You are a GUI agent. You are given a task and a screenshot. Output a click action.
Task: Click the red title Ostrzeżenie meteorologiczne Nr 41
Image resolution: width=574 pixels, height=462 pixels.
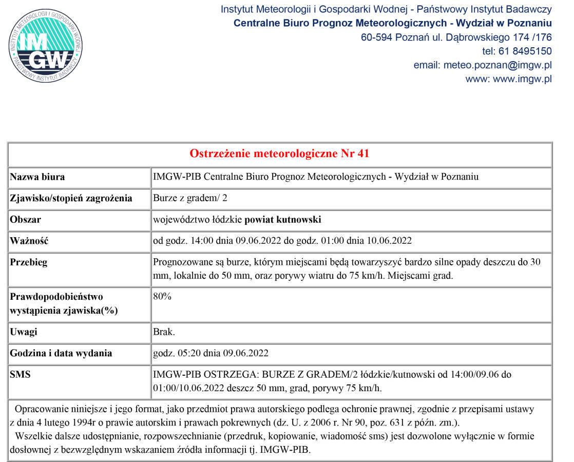280,154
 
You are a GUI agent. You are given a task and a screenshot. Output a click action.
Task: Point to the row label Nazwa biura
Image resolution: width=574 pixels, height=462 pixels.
37,177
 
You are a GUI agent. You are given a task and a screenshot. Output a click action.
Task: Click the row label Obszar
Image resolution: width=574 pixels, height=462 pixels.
26,220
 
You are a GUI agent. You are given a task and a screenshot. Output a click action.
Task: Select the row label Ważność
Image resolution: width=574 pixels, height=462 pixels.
29,241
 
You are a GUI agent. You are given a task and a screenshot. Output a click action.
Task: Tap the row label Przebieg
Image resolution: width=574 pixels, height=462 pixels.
29,262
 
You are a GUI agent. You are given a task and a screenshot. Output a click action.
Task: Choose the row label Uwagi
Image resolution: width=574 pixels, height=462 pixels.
24,332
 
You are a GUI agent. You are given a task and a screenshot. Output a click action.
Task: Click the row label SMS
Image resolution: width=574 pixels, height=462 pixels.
21,375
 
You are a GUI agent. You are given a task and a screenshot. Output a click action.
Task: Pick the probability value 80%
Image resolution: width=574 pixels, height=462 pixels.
162,297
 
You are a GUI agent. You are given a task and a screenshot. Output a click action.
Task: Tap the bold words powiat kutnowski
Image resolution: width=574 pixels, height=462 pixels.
283,220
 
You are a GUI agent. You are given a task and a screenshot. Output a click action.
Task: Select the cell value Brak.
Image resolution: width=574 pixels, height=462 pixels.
164,332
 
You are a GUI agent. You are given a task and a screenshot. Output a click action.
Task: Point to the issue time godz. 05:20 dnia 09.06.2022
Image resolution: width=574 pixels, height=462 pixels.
211,353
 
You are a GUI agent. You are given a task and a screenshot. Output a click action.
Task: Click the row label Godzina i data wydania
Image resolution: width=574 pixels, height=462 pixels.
61,353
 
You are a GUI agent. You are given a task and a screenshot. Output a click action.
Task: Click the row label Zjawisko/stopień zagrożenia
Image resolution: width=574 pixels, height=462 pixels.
71,198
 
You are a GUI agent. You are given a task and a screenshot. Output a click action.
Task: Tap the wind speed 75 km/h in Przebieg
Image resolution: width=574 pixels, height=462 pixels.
367,275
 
